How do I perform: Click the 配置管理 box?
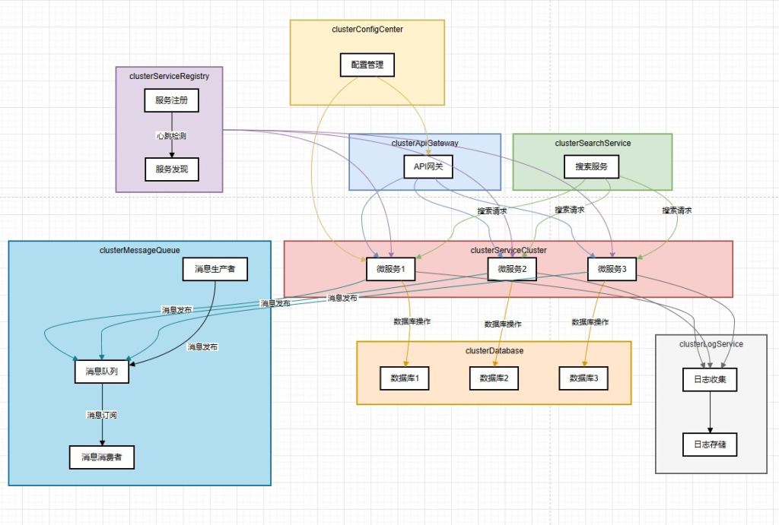point(367,65)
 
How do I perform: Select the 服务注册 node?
point(171,100)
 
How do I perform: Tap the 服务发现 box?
point(171,169)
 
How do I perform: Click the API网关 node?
point(427,166)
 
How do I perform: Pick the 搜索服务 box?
point(591,166)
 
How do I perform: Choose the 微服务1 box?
point(391,269)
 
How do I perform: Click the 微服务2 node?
point(512,269)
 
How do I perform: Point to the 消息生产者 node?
point(215,269)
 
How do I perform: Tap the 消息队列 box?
point(102,372)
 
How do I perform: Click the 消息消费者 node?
point(102,457)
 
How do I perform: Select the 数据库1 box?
point(405,378)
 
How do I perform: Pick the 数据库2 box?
point(494,378)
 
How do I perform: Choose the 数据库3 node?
point(583,378)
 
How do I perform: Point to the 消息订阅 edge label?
point(102,415)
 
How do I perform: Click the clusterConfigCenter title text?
point(367,30)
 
